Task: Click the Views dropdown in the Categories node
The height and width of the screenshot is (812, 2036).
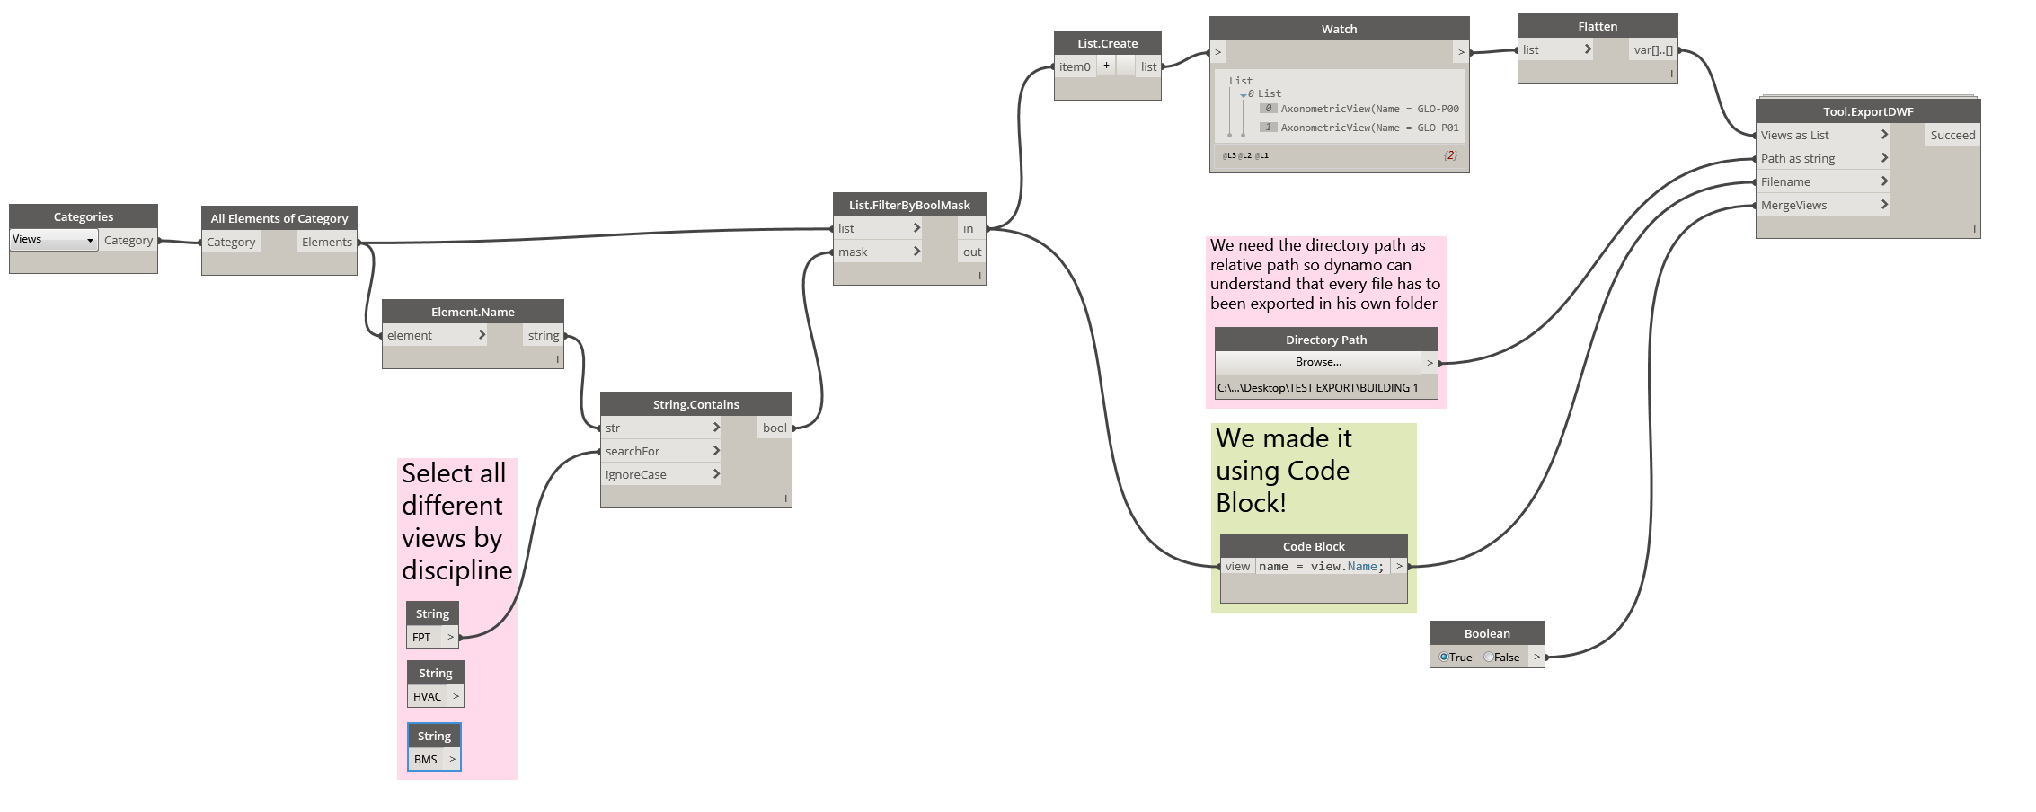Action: [x=53, y=240]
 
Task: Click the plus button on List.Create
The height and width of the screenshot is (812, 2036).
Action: [x=1106, y=66]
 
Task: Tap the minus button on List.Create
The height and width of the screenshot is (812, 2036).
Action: [x=1126, y=66]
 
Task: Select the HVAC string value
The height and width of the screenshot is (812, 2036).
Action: [x=428, y=697]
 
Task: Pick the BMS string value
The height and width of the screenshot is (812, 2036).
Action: [x=426, y=760]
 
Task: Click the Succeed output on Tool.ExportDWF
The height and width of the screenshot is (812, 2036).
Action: [x=1952, y=136]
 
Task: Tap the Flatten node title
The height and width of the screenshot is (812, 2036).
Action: [x=1598, y=27]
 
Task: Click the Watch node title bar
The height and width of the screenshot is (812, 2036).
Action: [x=1339, y=30]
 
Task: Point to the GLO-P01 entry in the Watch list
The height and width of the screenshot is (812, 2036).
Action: [x=1368, y=128]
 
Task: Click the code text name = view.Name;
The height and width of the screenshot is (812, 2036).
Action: [x=1322, y=567]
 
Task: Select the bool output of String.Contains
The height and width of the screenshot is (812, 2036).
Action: [x=775, y=428]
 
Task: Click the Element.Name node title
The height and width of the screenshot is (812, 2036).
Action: [x=473, y=313]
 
